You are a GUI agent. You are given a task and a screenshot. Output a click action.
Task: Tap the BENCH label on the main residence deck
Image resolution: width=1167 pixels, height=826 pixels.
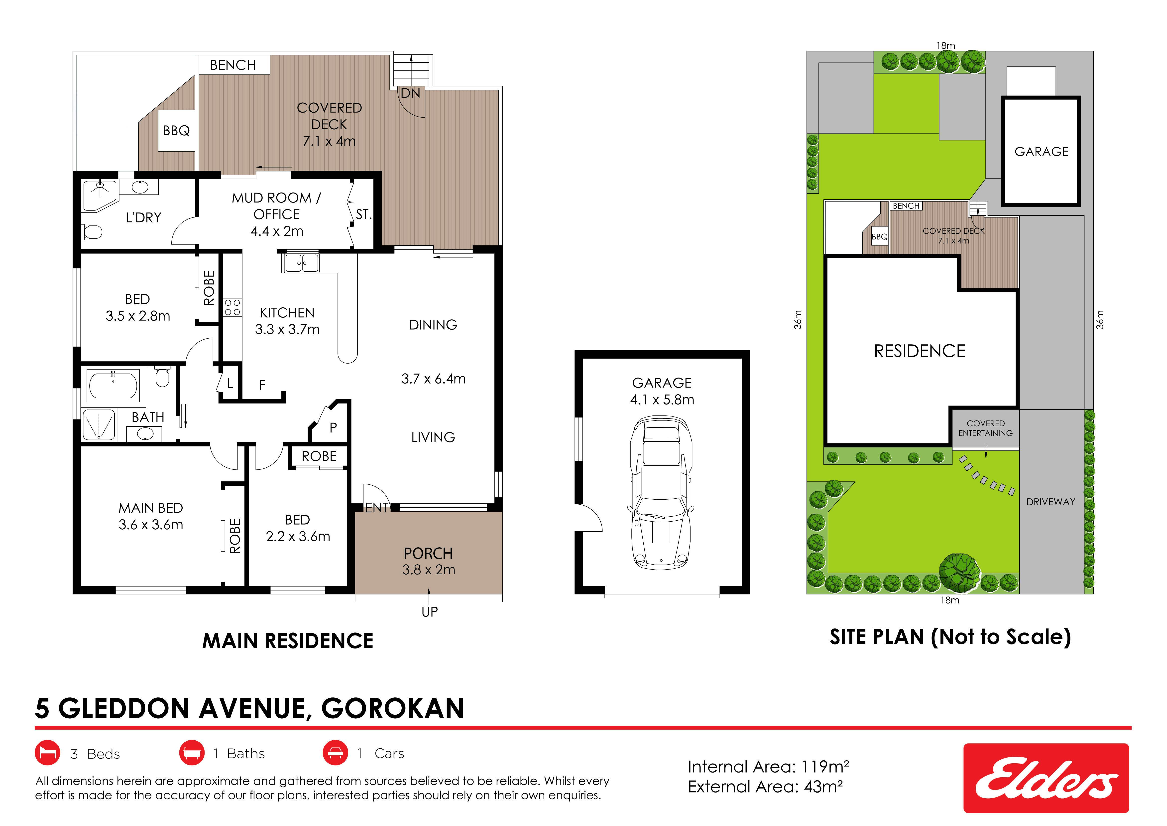pyautogui.click(x=233, y=65)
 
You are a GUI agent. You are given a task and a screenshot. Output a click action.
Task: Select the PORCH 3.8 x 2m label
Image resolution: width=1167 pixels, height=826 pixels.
pyautogui.click(x=429, y=561)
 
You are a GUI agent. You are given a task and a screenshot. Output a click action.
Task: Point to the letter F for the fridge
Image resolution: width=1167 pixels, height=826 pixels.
pyautogui.click(x=262, y=385)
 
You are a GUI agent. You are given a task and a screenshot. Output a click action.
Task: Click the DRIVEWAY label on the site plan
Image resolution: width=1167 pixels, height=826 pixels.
pyautogui.click(x=1050, y=502)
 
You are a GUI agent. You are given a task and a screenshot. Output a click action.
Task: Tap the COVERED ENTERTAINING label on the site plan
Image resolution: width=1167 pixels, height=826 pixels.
pyautogui.click(x=986, y=428)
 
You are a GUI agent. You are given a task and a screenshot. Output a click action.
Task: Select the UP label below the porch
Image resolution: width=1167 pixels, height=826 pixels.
pyautogui.click(x=430, y=612)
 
